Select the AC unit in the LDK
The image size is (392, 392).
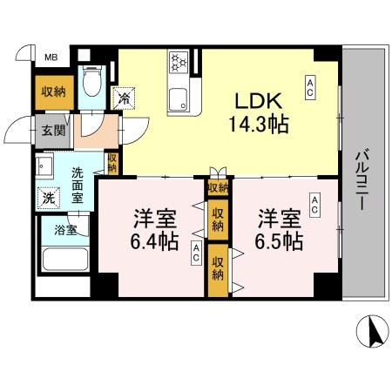click(x=309, y=84)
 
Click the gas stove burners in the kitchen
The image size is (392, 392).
click(x=180, y=64)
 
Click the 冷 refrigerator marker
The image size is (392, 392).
click(x=125, y=98)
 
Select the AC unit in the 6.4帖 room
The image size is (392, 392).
click(x=196, y=253)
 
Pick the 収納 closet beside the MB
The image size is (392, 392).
click(x=51, y=90)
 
